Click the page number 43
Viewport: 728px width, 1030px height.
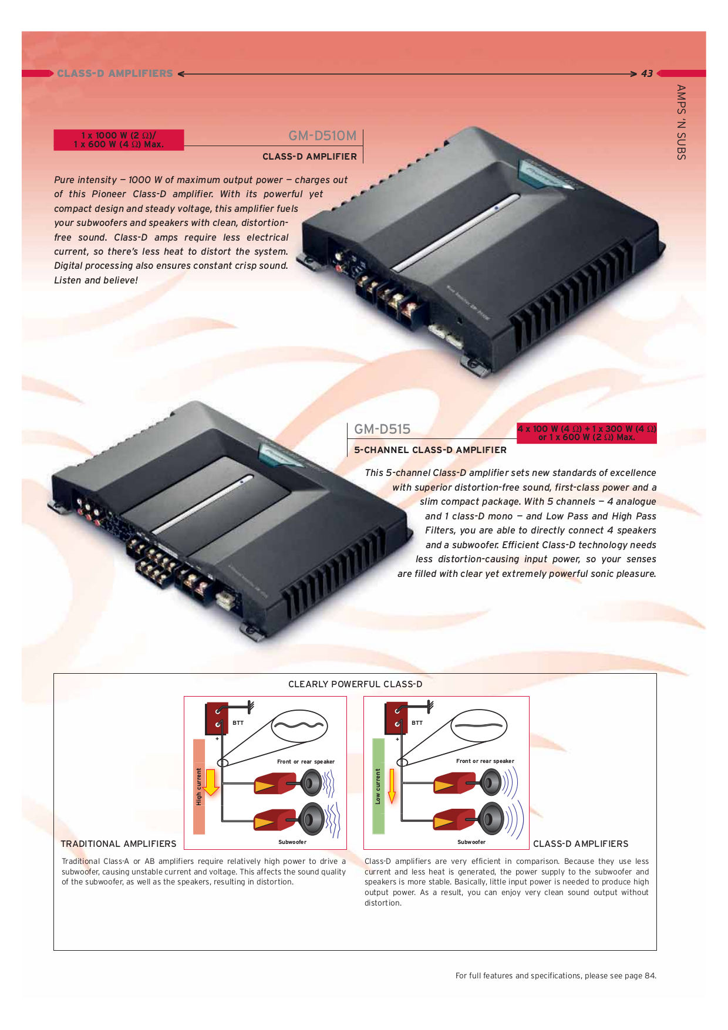coord(646,74)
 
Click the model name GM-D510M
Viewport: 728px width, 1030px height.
coord(322,136)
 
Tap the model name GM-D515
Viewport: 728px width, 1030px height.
coord(382,429)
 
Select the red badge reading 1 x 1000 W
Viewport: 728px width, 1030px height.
coord(119,140)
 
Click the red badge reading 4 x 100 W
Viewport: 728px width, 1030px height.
coord(587,433)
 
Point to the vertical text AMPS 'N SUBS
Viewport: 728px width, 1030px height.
coord(681,122)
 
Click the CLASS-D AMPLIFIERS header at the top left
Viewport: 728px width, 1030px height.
coord(115,74)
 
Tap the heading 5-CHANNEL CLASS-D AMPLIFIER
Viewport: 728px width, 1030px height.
coord(430,450)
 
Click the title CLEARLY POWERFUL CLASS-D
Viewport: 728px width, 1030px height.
coord(355,684)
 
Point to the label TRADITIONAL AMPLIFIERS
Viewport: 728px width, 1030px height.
coord(119,844)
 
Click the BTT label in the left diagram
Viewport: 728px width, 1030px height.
coord(238,723)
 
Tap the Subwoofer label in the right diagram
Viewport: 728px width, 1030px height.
coord(471,842)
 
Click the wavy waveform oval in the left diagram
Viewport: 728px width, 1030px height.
coord(299,726)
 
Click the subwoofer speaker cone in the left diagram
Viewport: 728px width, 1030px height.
coord(312,818)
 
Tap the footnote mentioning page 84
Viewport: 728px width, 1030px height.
coord(555,976)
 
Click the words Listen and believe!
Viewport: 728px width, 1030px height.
coord(96,281)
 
